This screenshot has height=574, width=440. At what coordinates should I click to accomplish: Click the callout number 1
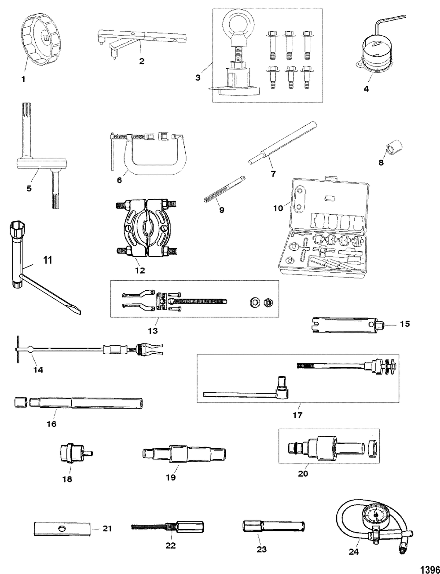23,80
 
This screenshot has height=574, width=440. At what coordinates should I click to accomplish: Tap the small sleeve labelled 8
390,149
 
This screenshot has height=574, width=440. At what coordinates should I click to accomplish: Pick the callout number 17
298,414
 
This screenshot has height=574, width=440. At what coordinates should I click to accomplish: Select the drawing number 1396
430,568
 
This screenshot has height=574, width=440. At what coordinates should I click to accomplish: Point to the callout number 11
48,260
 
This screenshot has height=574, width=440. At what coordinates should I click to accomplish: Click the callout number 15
405,324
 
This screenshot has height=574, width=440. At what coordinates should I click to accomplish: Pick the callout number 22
170,545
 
